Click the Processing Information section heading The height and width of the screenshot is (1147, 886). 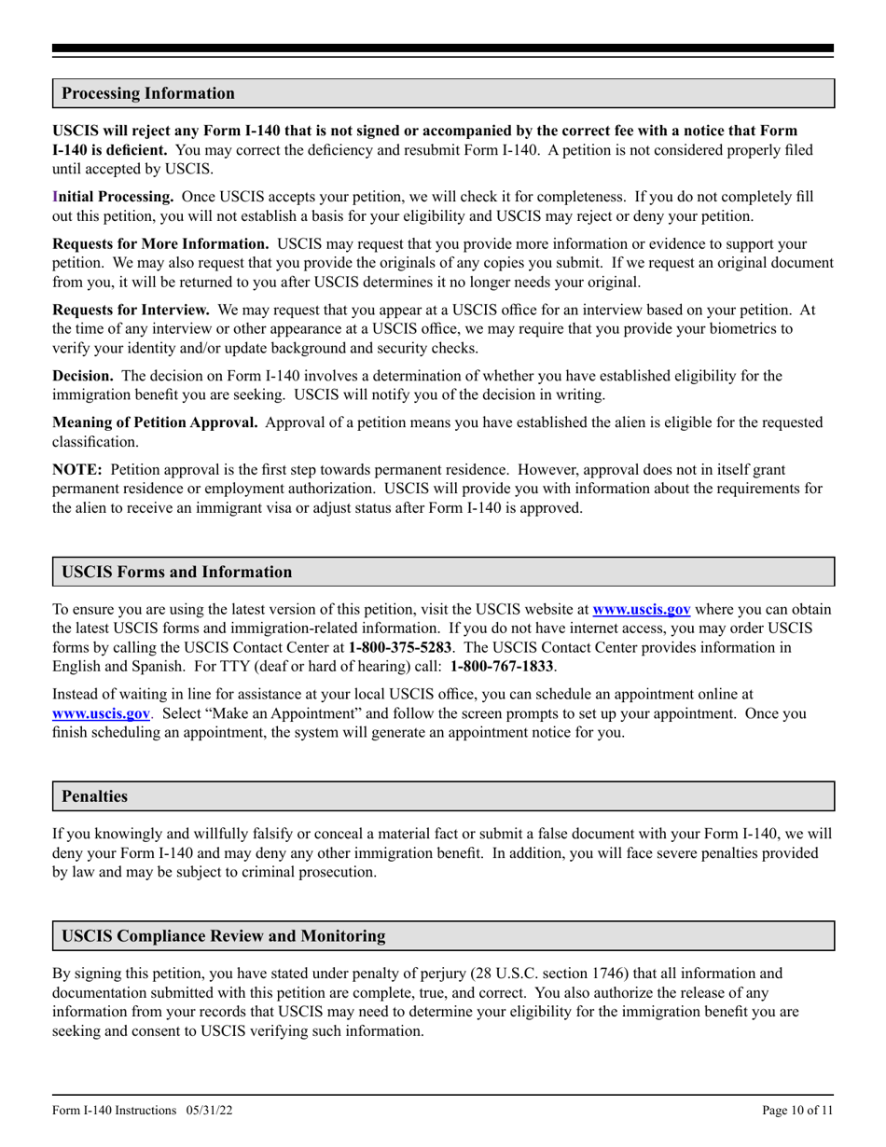click(148, 93)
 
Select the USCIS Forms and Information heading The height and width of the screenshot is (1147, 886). click(176, 572)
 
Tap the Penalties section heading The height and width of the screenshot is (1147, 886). click(94, 796)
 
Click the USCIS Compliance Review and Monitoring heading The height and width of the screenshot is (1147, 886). click(223, 935)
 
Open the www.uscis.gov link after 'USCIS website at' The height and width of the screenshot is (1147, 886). click(642, 610)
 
